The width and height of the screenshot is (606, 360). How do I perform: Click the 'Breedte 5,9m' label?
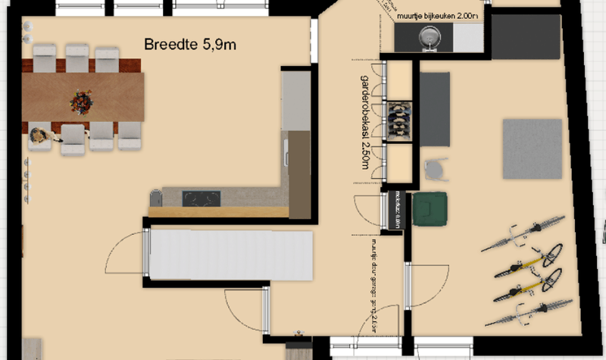click(189, 45)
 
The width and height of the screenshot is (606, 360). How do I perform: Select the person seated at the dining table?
click(38, 138)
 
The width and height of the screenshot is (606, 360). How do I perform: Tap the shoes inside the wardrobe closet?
click(398, 117)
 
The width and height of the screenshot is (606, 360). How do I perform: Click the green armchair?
click(430, 208)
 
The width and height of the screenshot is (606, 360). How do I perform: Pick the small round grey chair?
click(434, 168)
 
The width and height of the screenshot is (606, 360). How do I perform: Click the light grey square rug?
click(532, 149)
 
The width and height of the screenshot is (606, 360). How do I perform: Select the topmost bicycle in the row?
click(525, 234)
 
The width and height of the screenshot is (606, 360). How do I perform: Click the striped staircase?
click(230, 256)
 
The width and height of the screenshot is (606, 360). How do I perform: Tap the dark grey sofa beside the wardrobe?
click(435, 109)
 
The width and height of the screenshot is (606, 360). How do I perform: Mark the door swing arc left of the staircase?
click(123, 256)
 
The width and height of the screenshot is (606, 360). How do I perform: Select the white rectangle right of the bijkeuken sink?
click(467, 36)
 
